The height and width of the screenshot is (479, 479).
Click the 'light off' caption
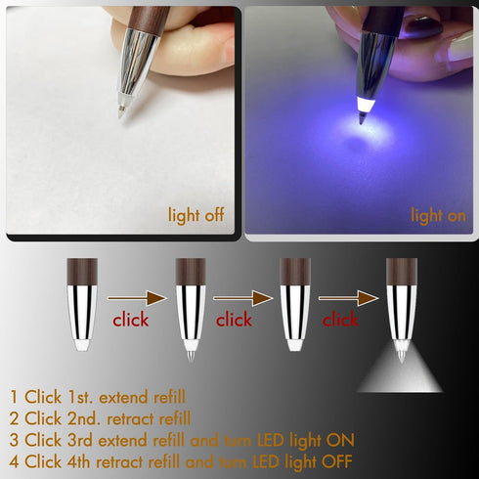[196, 215]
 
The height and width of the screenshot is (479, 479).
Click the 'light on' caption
[438, 215]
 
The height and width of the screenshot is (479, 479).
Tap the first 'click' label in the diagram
[130, 319]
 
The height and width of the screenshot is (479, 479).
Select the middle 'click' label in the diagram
[234, 319]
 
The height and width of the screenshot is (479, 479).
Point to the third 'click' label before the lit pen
[339, 319]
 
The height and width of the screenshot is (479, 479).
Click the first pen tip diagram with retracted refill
[82, 303]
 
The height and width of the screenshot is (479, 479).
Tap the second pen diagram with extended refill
[190, 305]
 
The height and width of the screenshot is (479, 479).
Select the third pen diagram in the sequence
[294, 303]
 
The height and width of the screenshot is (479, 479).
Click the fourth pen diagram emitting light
[401, 303]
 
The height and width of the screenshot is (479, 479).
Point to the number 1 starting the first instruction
[14, 397]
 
